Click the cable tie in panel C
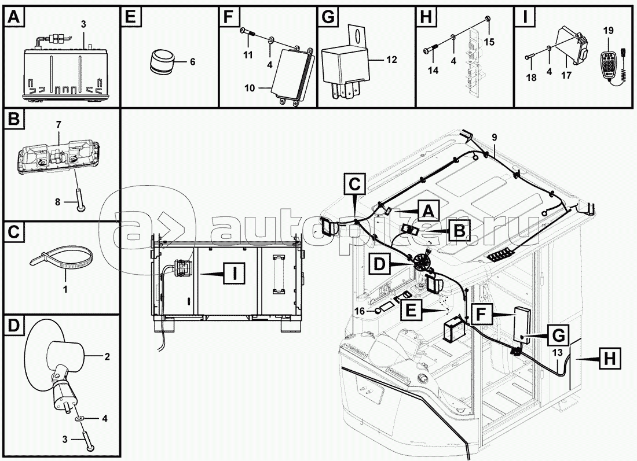tap(61, 259)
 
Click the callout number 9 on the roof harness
tap(494, 137)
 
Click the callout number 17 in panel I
tap(565, 75)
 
